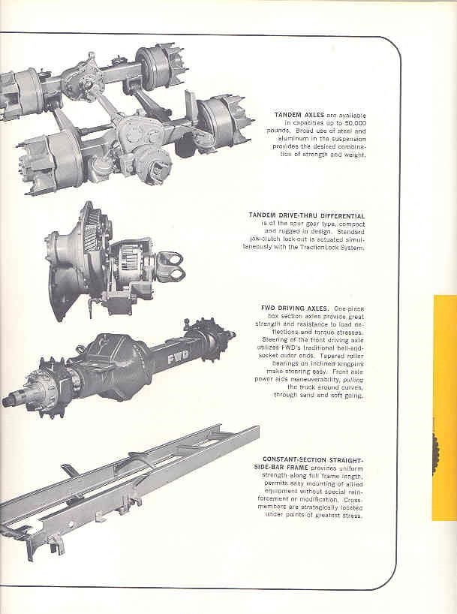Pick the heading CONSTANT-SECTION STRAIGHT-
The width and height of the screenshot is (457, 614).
(313, 459)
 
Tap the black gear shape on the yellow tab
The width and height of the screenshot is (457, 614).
(449, 453)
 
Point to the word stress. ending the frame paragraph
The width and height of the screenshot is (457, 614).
(350, 516)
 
